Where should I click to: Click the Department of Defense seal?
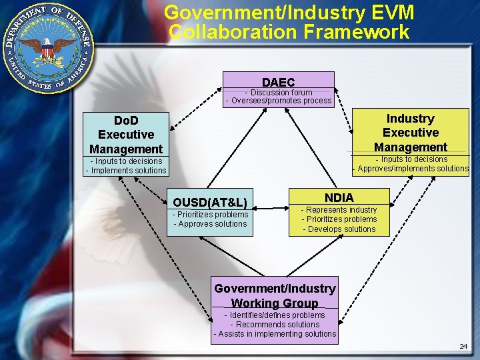[x=48, y=48]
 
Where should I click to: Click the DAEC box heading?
[x=278, y=82]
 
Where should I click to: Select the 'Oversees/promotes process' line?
[x=279, y=101]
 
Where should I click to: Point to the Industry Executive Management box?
[x=411, y=133]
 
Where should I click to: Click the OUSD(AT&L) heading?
[x=210, y=202]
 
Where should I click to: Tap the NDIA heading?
[x=339, y=197]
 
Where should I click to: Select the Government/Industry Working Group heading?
[x=275, y=295]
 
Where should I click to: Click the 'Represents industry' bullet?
[x=339, y=210]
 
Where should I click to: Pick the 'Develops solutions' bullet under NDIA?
[x=339, y=229]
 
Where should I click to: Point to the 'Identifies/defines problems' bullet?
[x=275, y=315]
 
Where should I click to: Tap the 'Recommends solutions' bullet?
[x=275, y=325]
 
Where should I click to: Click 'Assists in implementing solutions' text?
[x=275, y=334]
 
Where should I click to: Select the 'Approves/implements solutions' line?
[x=411, y=169]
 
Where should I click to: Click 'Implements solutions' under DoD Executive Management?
[x=126, y=171]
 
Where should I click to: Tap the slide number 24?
[x=463, y=347]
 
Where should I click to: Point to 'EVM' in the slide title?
[x=386, y=13]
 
